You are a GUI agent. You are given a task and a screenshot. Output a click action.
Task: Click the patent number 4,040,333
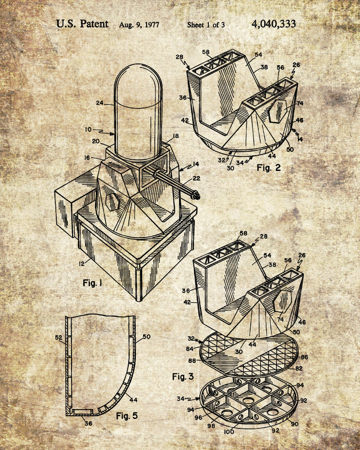274,24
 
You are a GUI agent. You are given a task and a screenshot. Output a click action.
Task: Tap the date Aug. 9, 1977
139,25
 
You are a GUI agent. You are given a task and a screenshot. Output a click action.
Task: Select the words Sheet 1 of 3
206,25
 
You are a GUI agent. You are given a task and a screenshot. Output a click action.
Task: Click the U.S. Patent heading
82,24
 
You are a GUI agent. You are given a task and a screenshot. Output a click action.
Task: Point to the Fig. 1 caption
92,283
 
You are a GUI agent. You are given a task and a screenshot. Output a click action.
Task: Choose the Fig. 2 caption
268,167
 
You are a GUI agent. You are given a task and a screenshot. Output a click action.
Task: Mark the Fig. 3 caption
183,377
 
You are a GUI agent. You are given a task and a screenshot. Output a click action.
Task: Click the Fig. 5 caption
127,415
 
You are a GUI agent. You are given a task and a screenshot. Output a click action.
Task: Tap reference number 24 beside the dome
99,103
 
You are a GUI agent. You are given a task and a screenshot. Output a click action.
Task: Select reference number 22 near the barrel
196,178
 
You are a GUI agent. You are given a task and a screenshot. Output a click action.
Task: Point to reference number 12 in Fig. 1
82,263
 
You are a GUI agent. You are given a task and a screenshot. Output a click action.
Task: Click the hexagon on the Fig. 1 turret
112,202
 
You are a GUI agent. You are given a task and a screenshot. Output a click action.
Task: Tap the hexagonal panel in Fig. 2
278,111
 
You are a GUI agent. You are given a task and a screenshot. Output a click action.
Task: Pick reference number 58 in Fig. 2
206,52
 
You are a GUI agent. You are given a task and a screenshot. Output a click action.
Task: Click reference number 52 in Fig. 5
58,338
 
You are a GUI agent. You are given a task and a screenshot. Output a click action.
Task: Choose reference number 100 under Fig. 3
229,432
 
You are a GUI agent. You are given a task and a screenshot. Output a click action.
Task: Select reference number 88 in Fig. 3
192,360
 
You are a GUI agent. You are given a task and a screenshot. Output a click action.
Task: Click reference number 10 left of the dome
88,130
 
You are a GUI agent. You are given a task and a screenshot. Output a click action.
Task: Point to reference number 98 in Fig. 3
211,426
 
